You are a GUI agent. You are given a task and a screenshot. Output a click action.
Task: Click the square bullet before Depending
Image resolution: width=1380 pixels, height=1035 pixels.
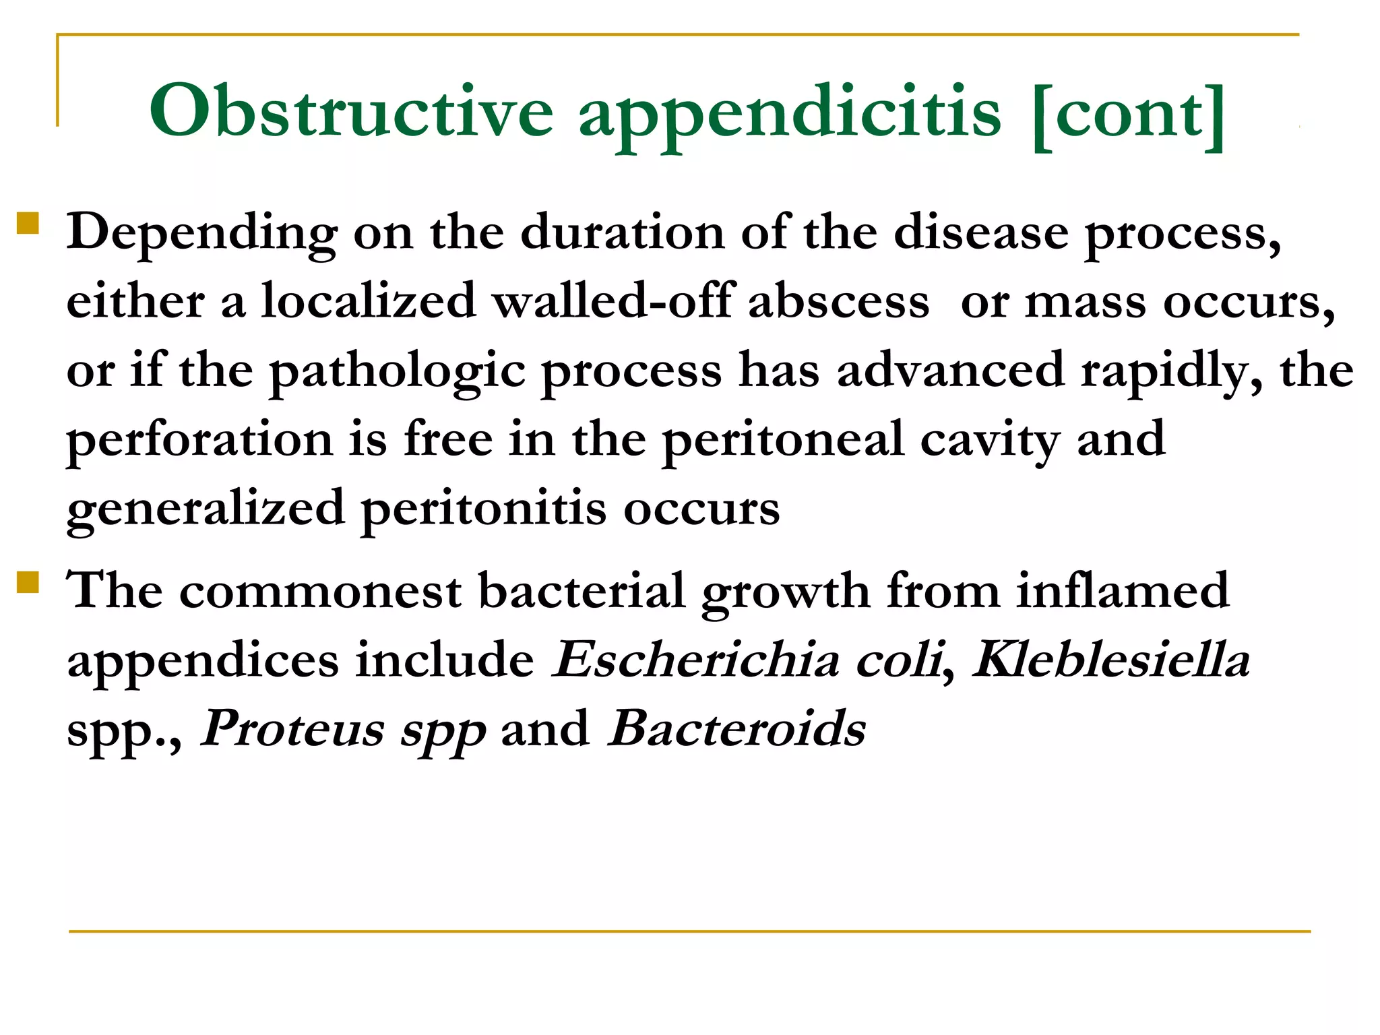coord(28,223)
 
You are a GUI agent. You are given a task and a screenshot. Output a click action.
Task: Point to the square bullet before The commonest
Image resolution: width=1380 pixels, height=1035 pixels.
coord(28,582)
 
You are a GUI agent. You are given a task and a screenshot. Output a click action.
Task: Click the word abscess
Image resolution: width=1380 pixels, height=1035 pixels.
coord(839,301)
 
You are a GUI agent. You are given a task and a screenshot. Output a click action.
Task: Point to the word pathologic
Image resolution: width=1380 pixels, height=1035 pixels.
coord(397,372)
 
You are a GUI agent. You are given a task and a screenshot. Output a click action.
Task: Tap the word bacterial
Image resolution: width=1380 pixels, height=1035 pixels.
coord(582,590)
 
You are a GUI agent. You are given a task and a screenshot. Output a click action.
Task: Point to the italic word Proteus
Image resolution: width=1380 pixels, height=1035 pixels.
coord(293,728)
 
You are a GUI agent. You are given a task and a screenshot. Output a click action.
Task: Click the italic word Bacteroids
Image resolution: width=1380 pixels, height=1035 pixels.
coord(736,728)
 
